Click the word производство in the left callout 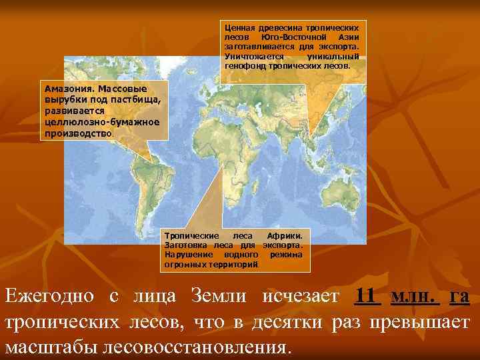point(79,133)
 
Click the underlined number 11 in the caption point(368,296)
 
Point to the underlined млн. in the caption point(414,296)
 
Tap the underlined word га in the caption point(459,296)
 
